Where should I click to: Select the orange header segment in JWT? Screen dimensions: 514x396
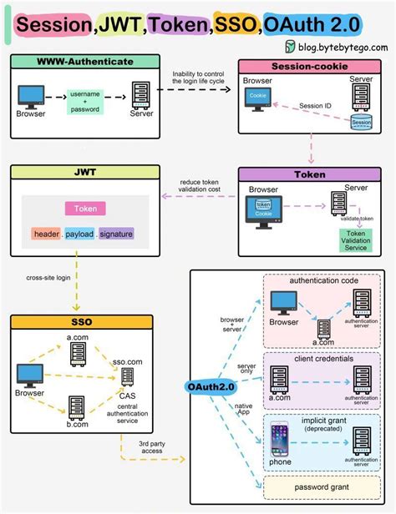(47, 234)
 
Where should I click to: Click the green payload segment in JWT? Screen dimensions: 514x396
(80, 234)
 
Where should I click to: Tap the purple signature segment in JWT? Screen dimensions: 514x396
(116, 234)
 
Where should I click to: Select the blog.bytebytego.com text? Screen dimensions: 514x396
(339, 48)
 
